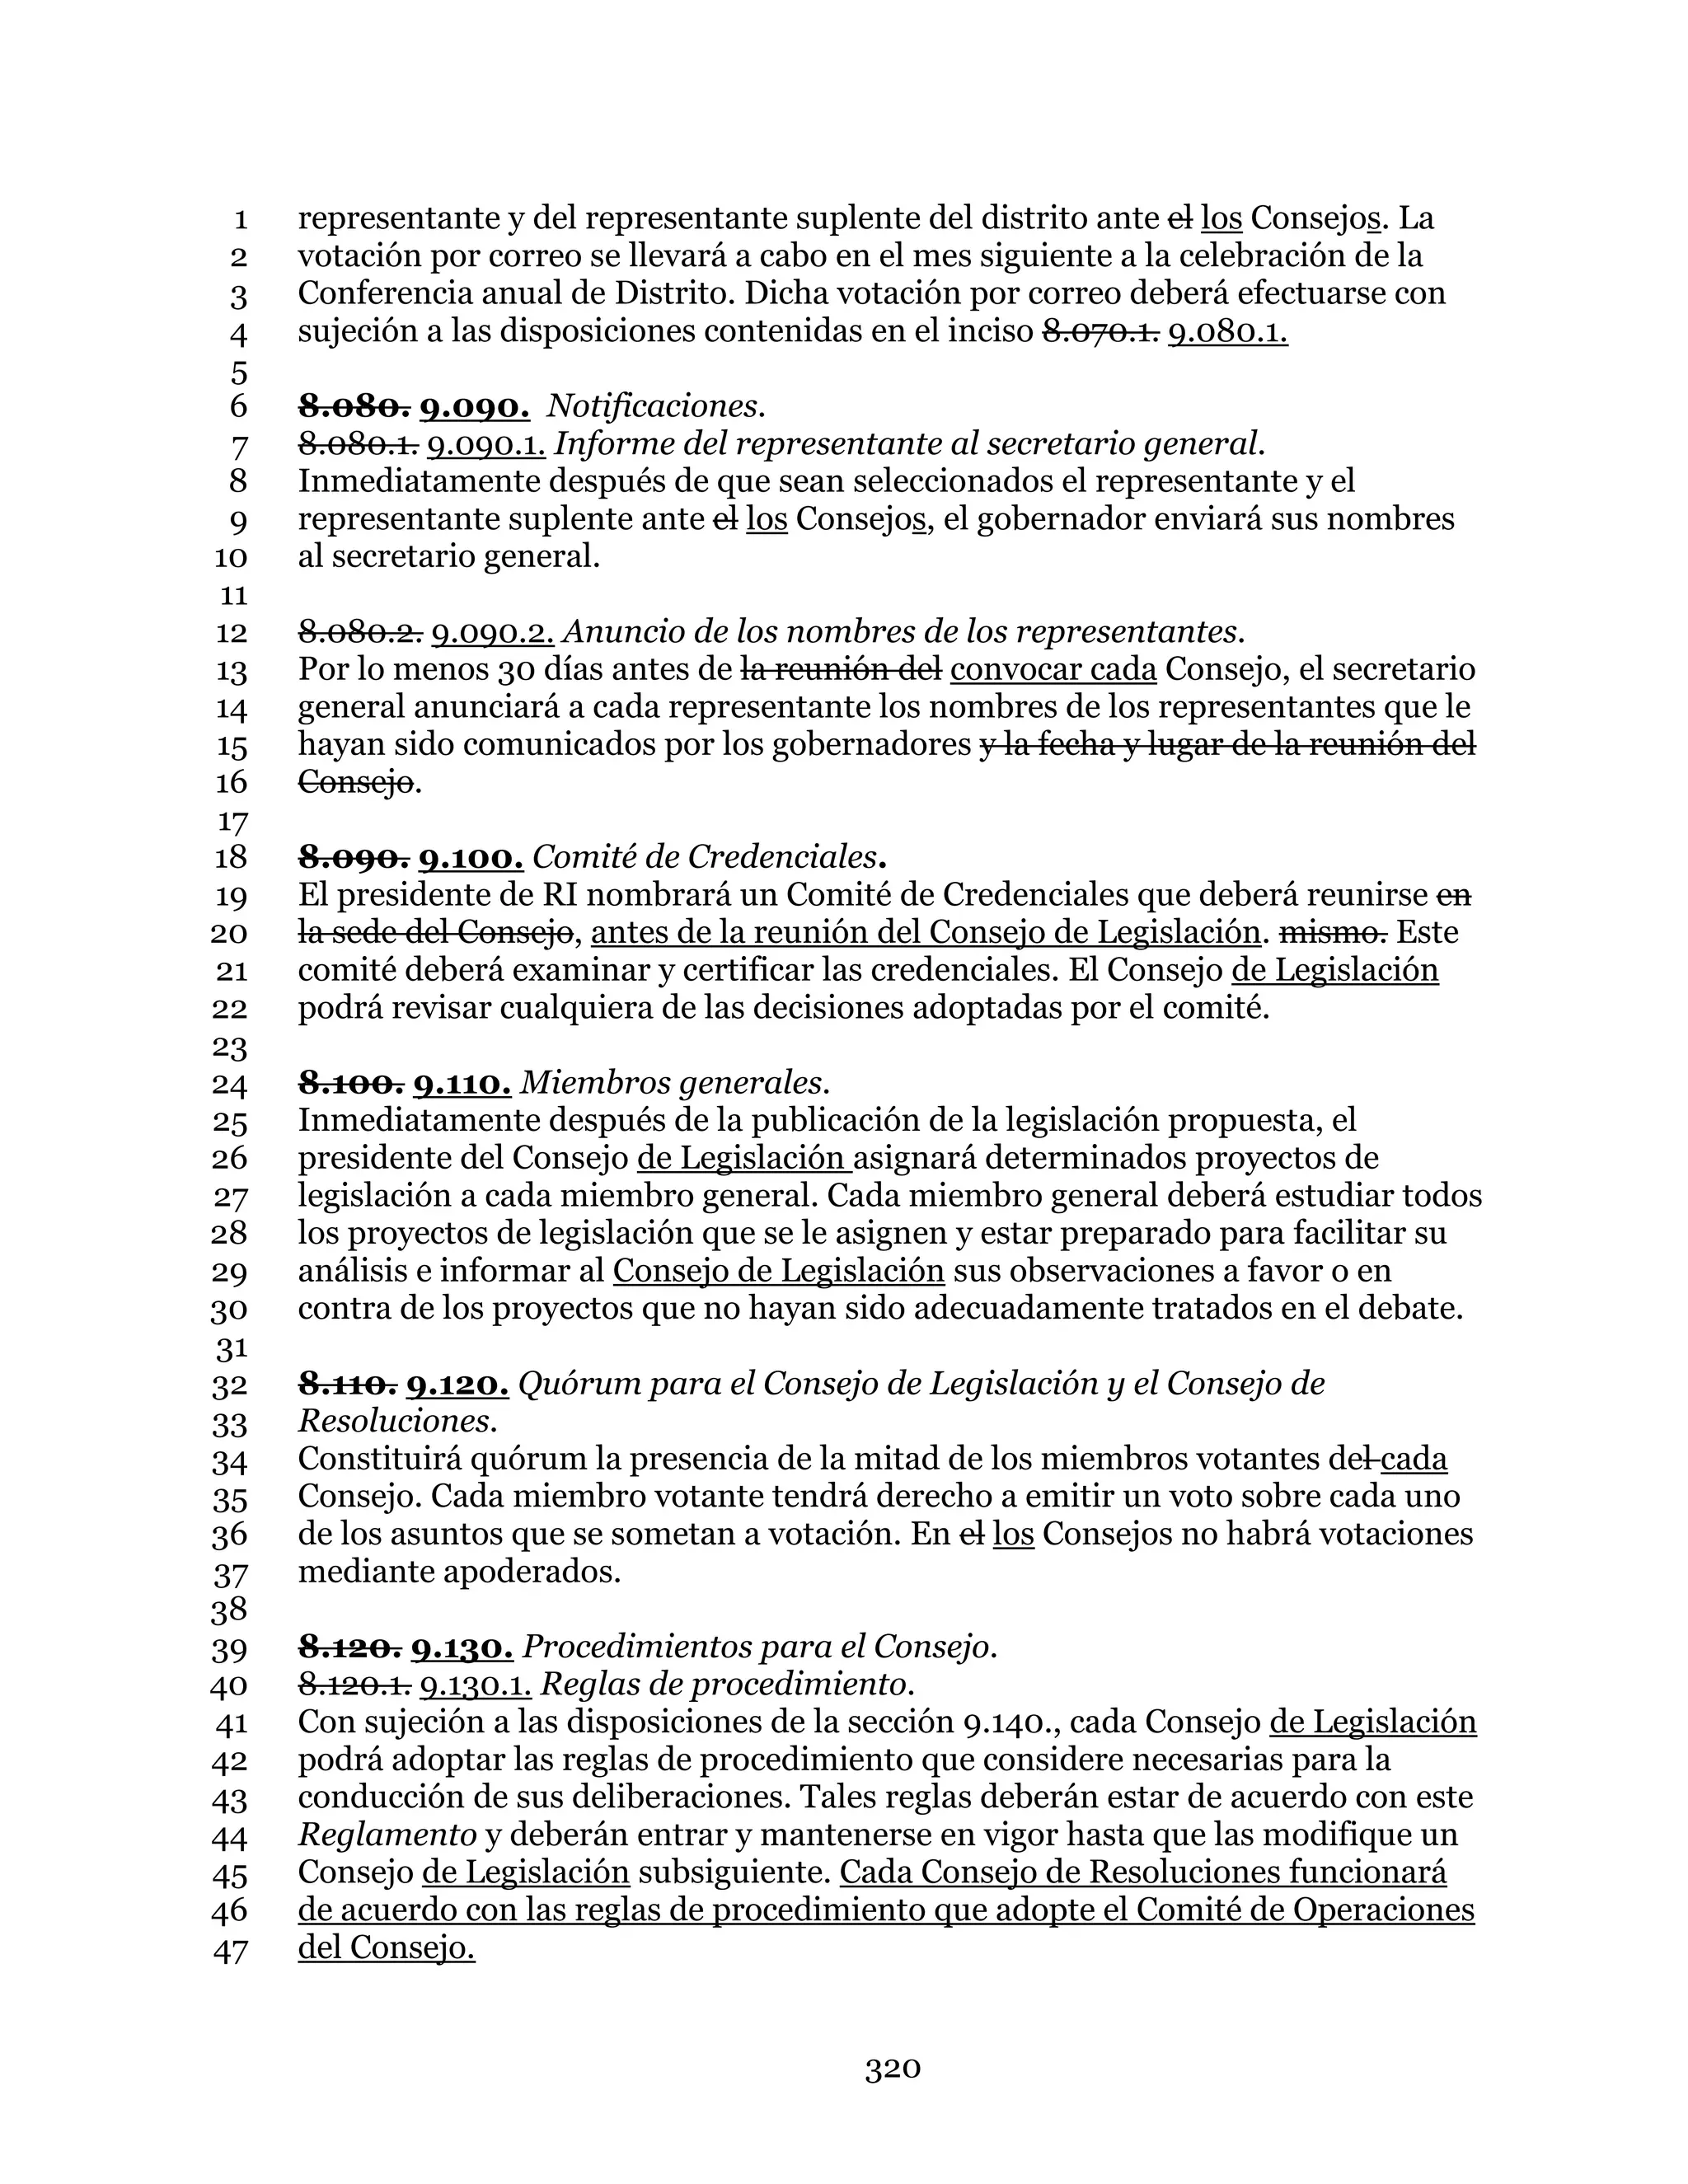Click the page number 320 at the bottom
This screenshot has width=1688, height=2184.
tap(892, 2069)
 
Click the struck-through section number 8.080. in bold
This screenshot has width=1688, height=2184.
tap(354, 406)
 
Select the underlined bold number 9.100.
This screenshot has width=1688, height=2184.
tap(470, 857)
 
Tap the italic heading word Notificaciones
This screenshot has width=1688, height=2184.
tap(656, 406)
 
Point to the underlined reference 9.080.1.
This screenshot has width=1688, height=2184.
tap(1227, 331)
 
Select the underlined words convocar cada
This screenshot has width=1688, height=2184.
tap(1053, 669)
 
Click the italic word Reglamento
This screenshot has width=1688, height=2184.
tap(387, 1835)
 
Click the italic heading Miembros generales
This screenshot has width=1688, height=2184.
tap(675, 1083)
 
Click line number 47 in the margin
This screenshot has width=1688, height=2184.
tap(230, 1951)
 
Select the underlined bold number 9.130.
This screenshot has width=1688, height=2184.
tap(462, 1647)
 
